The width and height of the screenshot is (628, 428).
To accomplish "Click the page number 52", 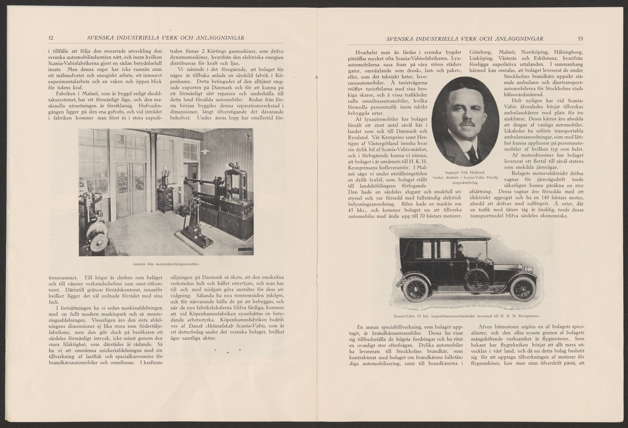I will [51, 38].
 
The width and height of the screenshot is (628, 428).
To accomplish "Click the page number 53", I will [580, 38].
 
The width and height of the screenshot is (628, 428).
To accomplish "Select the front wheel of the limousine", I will [522, 288].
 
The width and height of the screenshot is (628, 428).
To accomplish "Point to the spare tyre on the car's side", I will [476, 280].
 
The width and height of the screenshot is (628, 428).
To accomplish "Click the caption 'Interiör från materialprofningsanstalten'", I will [165, 263].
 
